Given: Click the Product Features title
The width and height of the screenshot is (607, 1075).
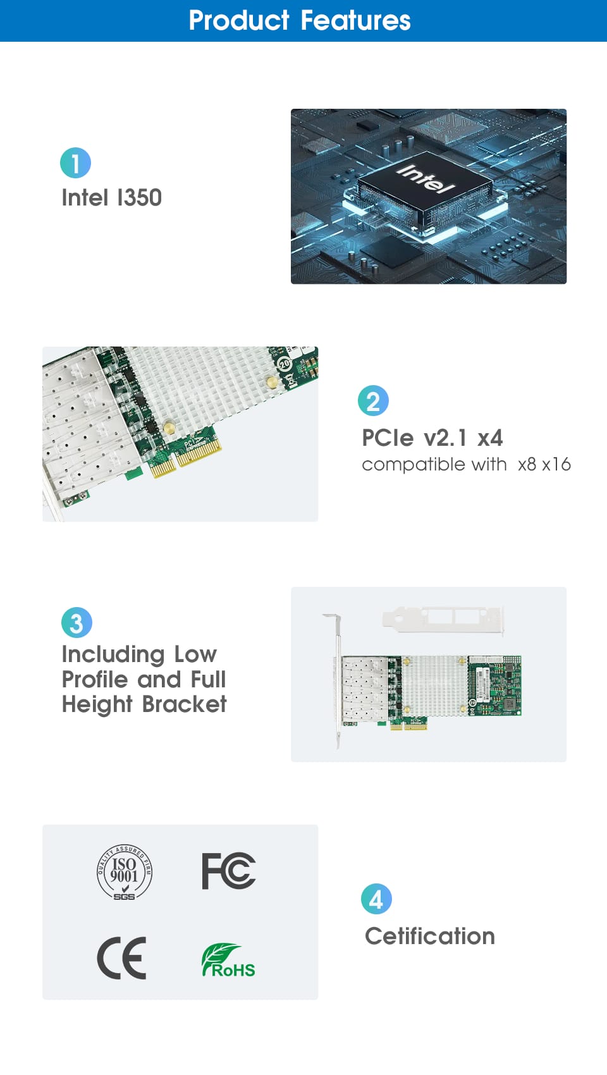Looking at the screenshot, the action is point(300,20).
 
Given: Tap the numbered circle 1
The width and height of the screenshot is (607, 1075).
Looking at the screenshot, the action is point(75,163).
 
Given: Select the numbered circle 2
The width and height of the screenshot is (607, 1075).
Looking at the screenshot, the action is point(373,400).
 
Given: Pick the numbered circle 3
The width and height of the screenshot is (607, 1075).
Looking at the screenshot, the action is point(77,622).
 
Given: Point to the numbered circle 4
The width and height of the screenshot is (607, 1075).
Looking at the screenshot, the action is point(376,899).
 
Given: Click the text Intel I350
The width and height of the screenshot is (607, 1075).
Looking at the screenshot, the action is point(111,198).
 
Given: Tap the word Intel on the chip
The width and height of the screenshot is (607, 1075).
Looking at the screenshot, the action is point(425,178).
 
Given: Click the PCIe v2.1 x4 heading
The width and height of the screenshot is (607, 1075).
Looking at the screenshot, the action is point(432,438).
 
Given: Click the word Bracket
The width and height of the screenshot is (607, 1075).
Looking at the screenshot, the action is point(184,704).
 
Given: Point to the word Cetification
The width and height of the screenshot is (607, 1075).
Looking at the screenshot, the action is point(429,937).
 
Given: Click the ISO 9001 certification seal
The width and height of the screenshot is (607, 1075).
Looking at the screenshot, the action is point(125,871).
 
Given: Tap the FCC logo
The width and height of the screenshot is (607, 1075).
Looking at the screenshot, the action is point(228,871).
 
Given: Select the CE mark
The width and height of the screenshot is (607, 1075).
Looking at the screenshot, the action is point(121,958).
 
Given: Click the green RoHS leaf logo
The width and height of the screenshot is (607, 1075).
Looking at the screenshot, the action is point(228,960).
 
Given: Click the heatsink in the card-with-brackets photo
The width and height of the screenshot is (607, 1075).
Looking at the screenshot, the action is point(434,686).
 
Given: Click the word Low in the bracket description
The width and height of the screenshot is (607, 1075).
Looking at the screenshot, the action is point(195,654).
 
